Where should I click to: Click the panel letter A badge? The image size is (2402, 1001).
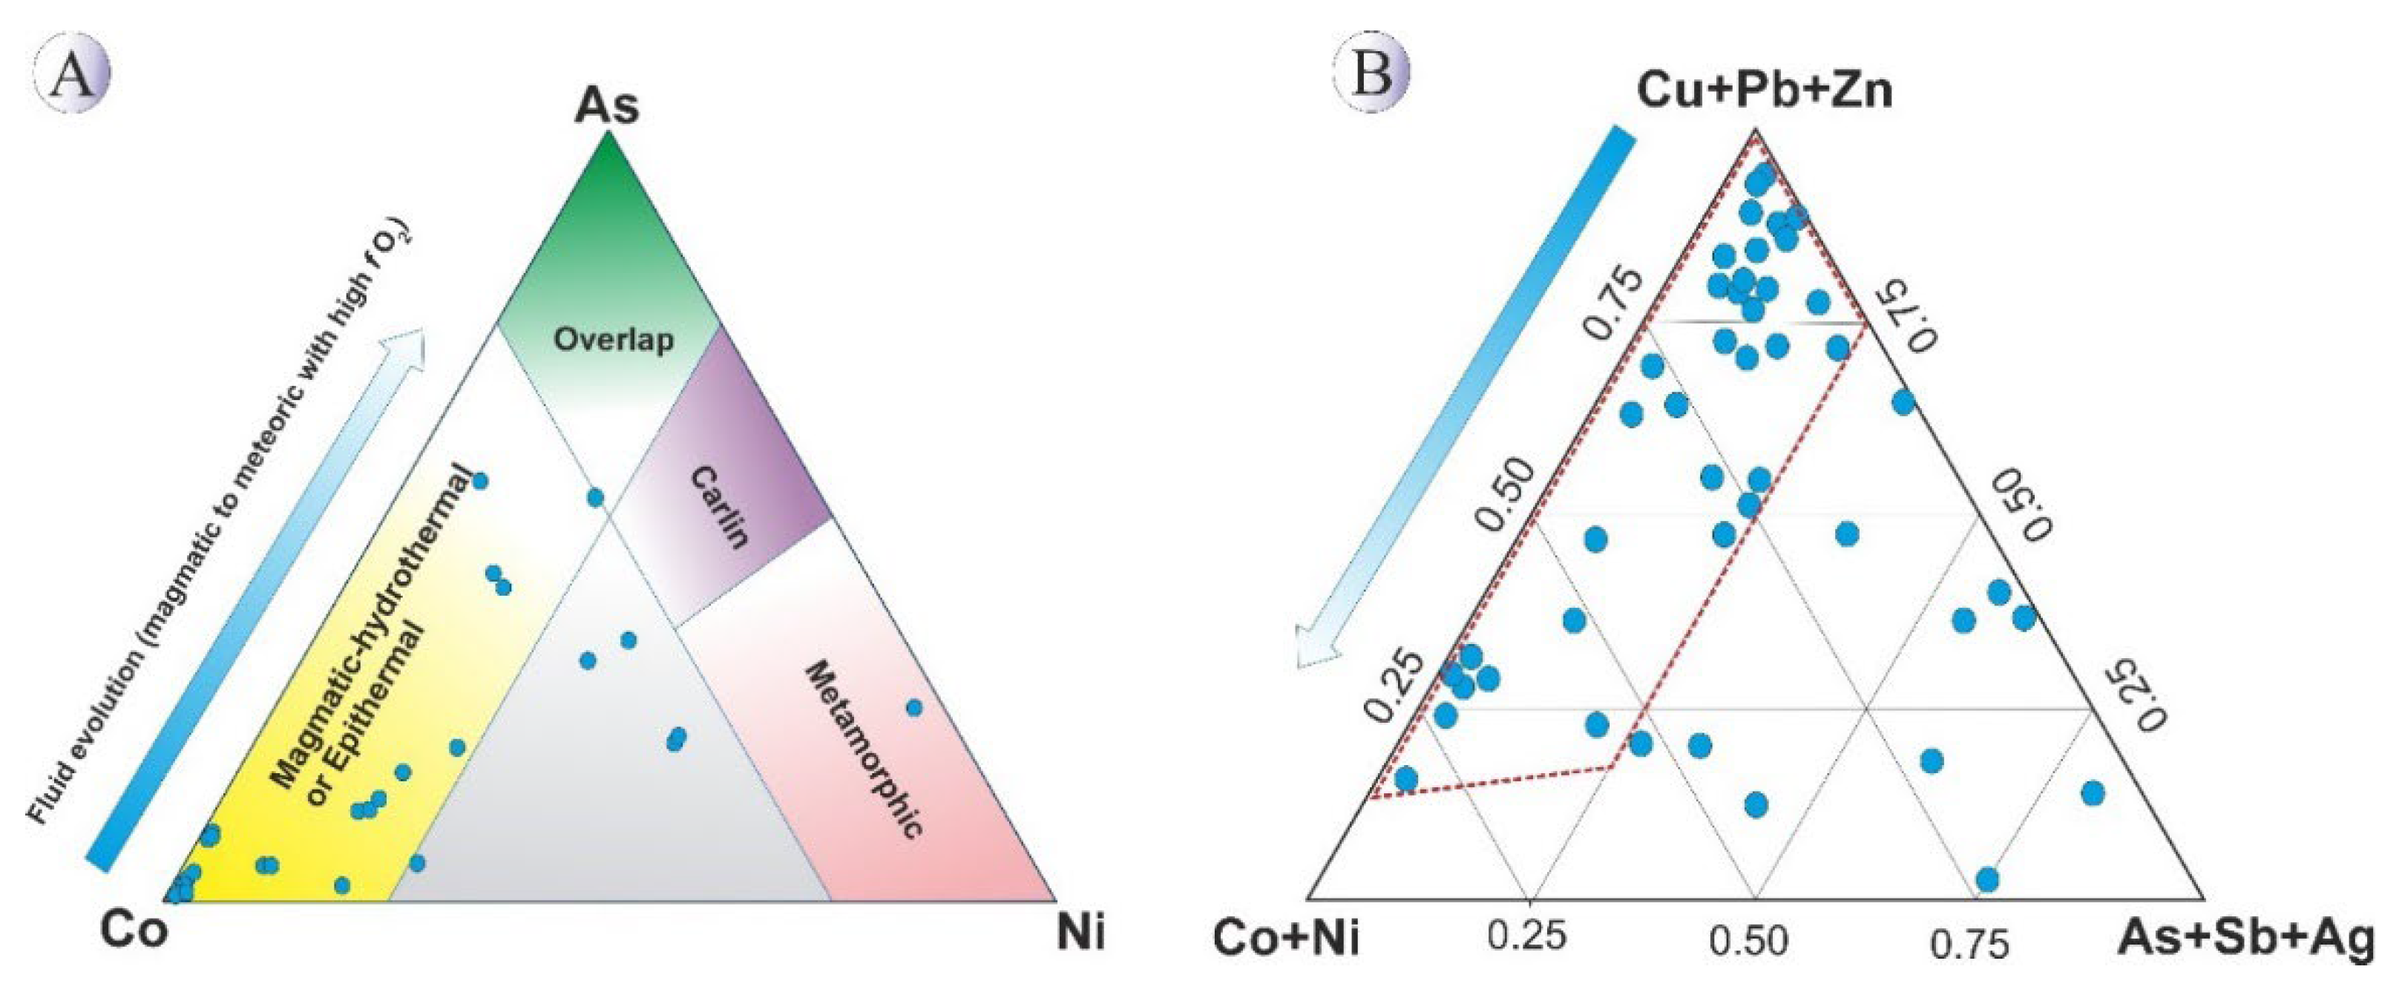pyautogui.click(x=72, y=74)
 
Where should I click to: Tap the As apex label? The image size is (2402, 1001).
pyautogui.click(x=608, y=106)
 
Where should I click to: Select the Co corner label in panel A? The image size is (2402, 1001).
pyautogui.click(x=134, y=931)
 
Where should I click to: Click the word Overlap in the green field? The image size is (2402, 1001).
pyautogui.click(x=614, y=339)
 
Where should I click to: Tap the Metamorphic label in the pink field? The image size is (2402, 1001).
pyautogui.click(x=864, y=749)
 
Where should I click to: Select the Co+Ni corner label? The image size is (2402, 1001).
pyautogui.click(x=1286, y=939)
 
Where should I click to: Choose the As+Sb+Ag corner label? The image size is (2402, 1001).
pyautogui.click(x=2245, y=939)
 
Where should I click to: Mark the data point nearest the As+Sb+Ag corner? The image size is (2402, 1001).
pyautogui.click(x=2093, y=793)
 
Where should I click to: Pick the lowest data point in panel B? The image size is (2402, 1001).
pyautogui.click(x=1987, y=879)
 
